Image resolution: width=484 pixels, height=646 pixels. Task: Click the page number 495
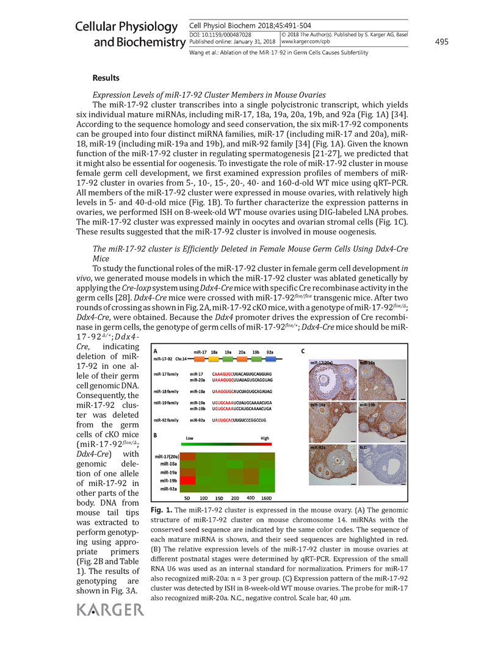tap(442, 42)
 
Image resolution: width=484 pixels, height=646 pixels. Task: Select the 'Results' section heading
tap(106, 78)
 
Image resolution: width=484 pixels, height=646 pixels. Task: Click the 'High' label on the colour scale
tap(265, 438)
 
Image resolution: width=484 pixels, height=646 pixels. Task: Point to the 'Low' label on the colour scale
tap(189, 438)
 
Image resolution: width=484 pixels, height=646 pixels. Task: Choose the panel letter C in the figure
tap(303, 351)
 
